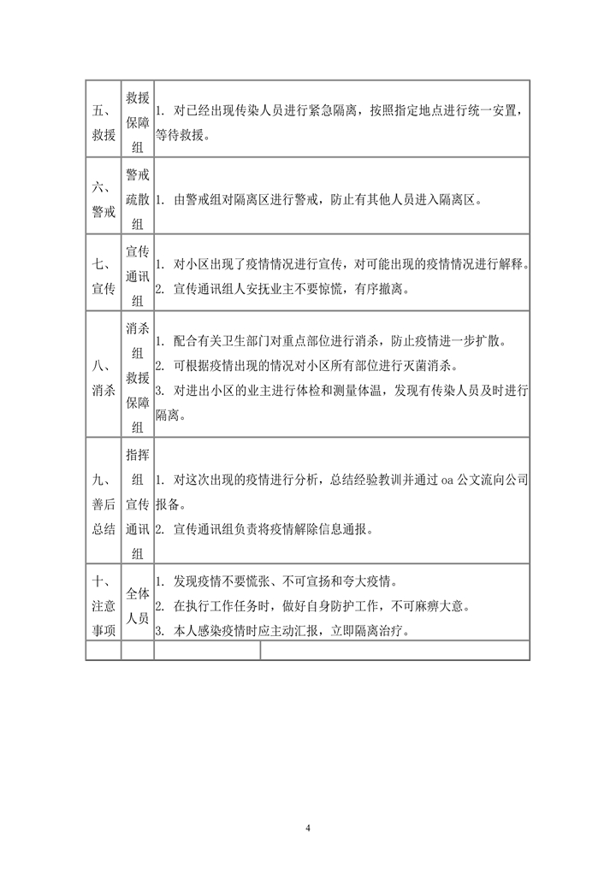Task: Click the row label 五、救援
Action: [104, 119]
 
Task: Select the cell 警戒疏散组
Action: [138, 194]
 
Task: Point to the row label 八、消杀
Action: [104, 373]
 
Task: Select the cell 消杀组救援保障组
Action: [138, 373]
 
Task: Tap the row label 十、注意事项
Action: [104, 604]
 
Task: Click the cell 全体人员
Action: [138, 604]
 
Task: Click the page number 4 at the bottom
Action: [308, 828]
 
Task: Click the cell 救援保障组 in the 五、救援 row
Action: [138, 119]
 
